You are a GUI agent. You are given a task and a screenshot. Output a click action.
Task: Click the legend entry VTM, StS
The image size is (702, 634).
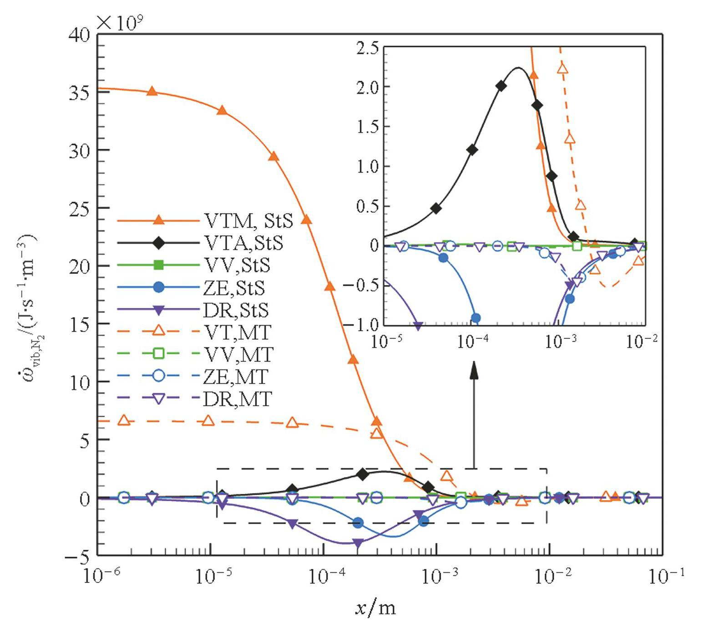point(248,221)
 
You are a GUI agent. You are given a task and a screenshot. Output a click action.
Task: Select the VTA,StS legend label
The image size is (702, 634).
point(243,243)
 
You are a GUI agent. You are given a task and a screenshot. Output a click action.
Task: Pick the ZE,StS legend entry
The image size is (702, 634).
point(234,288)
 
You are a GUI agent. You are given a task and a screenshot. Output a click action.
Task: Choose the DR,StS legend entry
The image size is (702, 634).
point(236,310)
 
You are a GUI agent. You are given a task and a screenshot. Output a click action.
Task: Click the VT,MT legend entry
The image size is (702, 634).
point(237,332)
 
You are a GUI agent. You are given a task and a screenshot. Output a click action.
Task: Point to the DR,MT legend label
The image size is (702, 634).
point(237,399)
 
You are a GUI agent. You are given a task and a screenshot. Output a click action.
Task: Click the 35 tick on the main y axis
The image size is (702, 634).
point(80,92)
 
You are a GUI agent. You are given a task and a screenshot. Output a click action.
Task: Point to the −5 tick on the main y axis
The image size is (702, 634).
point(77,556)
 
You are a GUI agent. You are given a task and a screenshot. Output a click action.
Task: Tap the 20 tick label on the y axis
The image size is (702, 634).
point(80,266)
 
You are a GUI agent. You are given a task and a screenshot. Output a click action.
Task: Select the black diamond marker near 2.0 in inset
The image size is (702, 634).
point(501,86)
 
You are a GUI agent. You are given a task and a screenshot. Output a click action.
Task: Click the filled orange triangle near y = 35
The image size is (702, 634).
point(152,92)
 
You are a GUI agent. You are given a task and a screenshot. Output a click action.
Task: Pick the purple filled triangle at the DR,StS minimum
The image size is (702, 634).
point(358,543)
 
